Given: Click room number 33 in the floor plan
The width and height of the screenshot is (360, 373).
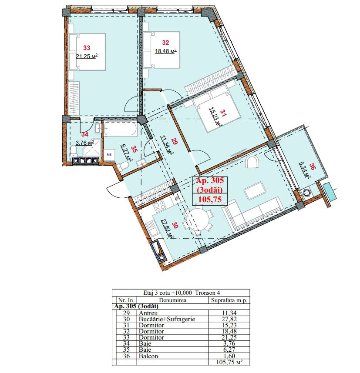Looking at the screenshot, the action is pyautogui.click(x=87, y=47).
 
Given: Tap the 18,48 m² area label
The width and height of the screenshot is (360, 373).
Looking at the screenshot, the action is pyautogui.click(x=165, y=51).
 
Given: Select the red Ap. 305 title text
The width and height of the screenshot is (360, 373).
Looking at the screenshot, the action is pyautogui.click(x=210, y=180).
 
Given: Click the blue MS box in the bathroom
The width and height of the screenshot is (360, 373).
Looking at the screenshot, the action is pyautogui.click(x=109, y=155).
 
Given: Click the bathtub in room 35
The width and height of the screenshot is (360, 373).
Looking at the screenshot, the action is pyautogui.click(x=120, y=129).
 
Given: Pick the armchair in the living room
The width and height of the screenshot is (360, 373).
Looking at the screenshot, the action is pyautogui.click(x=252, y=162).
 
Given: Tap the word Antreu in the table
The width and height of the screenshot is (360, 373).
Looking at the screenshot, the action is pyautogui.click(x=148, y=313).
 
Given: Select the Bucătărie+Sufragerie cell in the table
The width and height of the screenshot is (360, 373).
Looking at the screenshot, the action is pyautogui.click(x=167, y=319).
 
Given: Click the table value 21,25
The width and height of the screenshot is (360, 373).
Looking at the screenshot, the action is pyautogui.click(x=229, y=337).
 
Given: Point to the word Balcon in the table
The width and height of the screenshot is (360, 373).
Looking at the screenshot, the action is pyautogui.click(x=148, y=356).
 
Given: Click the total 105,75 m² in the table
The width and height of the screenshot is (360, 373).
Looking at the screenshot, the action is pyautogui.click(x=229, y=362).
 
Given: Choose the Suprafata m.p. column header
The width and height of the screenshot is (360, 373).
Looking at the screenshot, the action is pyautogui.click(x=229, y=300).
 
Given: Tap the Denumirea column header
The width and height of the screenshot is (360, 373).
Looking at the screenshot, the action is pyautogui.click(x=172, y=300).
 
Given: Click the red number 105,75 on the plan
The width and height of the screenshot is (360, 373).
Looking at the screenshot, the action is pyautogui.click(x=210, y=199).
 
